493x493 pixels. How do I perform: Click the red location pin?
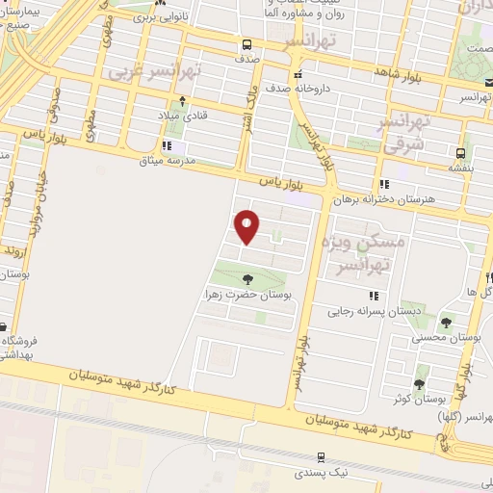pyautogui.click(x=248, y=226)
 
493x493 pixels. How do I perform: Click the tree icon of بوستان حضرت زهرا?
pyautogui.click(x=248, y=279)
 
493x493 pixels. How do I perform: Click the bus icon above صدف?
pyautogui.click(x=247, y=44)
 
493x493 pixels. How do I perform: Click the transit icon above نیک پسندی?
pyautogui.click(x=321, y=458)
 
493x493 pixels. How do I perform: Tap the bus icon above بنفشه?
pyautogui.click(x=461, y=152)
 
